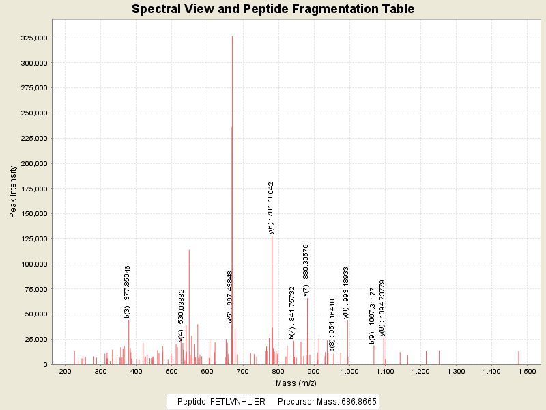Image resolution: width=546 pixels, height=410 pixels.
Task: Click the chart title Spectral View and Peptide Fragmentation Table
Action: coord(273,9)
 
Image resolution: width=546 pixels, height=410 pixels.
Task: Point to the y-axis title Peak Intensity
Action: coord(13,193)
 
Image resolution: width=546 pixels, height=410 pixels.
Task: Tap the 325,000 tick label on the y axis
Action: coord(31,38)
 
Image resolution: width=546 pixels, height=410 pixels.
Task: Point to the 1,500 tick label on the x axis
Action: coord(529,370)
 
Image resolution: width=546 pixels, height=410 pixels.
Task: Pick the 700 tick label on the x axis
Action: coord(243,370)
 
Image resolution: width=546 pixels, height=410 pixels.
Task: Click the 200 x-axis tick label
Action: coord(66,370)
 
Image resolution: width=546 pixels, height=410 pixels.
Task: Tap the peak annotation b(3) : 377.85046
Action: coord(128,291)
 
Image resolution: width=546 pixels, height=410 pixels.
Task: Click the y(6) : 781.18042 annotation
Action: coord(271,208)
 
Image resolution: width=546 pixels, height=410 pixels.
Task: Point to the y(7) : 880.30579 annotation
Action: coord(306,271)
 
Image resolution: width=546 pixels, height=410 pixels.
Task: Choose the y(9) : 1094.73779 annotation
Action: coord(382,307)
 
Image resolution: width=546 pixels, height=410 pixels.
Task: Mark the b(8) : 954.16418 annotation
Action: coord(332,325)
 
